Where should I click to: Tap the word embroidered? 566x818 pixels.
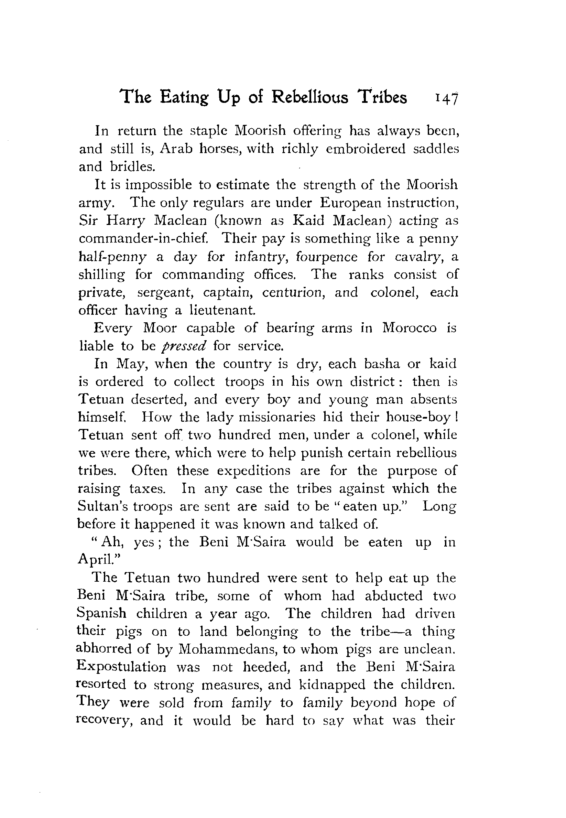[x=365, y=149]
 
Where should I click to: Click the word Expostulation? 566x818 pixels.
[x=121, y=667]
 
